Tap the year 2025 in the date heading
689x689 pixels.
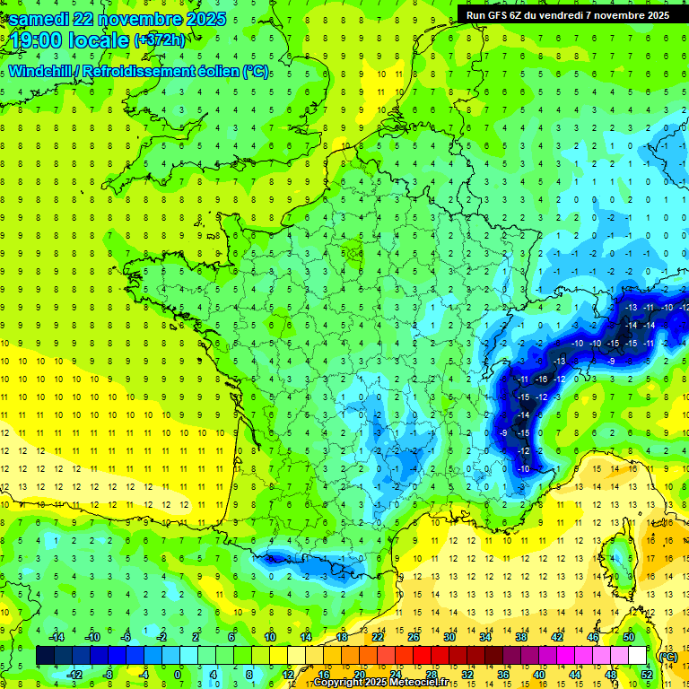coord(201,19)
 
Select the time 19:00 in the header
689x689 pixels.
coord(42,40)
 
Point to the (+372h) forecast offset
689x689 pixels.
coord(159,40)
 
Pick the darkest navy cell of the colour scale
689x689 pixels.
coord(45,656)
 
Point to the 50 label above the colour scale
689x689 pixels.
coord(628,637)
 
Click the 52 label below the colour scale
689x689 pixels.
coord(647,675)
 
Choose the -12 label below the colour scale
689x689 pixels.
coord(74,675)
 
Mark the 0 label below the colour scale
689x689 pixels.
coord(178,675)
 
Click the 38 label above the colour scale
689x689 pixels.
coord(520,637)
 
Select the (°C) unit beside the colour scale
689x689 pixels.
coord(668,656)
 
